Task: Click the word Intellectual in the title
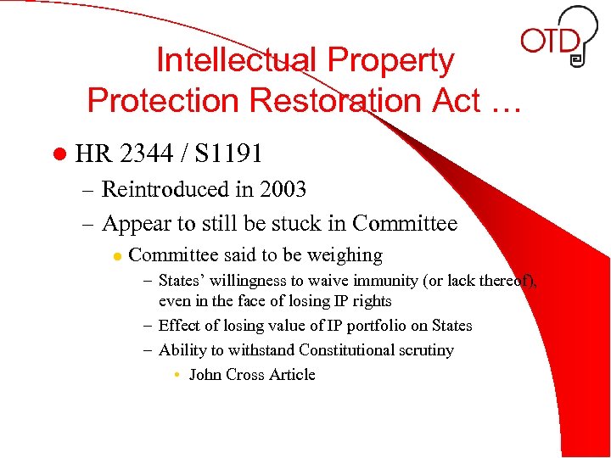tap(235, 60)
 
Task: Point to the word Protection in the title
tap(150, 100)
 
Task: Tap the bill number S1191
tap(228, 154)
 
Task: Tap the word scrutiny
tap(426, 350)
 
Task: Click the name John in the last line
tap(205, 374)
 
